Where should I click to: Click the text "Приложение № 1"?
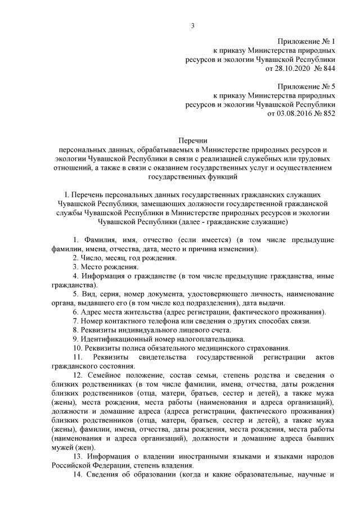pyautogui.click(x=306, y=42)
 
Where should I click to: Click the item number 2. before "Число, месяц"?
pyautogui.click(x=76, y=258)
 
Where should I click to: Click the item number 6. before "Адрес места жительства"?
pyautogui.click(x=76, y=312)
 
